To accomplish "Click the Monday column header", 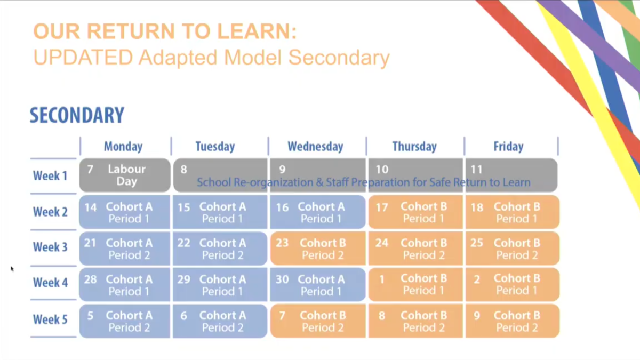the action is (123, 147).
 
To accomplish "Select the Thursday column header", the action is (414, 147).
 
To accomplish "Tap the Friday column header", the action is (508, 147).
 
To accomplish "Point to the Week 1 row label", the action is (50, 175).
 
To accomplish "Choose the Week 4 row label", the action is (50, 283).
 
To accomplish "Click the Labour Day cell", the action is (125, 175).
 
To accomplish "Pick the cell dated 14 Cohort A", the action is (125, 212).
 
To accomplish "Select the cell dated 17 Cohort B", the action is (415, 212).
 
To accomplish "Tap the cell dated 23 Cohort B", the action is (318, 249).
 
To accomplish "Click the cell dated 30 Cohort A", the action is (318, 285).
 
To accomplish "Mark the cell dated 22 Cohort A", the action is (220, 249).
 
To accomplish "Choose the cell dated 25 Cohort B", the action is (513, 249).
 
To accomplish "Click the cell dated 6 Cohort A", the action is (220, 321).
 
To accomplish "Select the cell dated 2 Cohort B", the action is (513, 285).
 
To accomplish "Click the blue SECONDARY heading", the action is (77, 115).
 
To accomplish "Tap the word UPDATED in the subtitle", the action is (83, 58).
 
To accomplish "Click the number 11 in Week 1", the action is (477, 170).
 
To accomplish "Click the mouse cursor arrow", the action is (12, 269).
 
